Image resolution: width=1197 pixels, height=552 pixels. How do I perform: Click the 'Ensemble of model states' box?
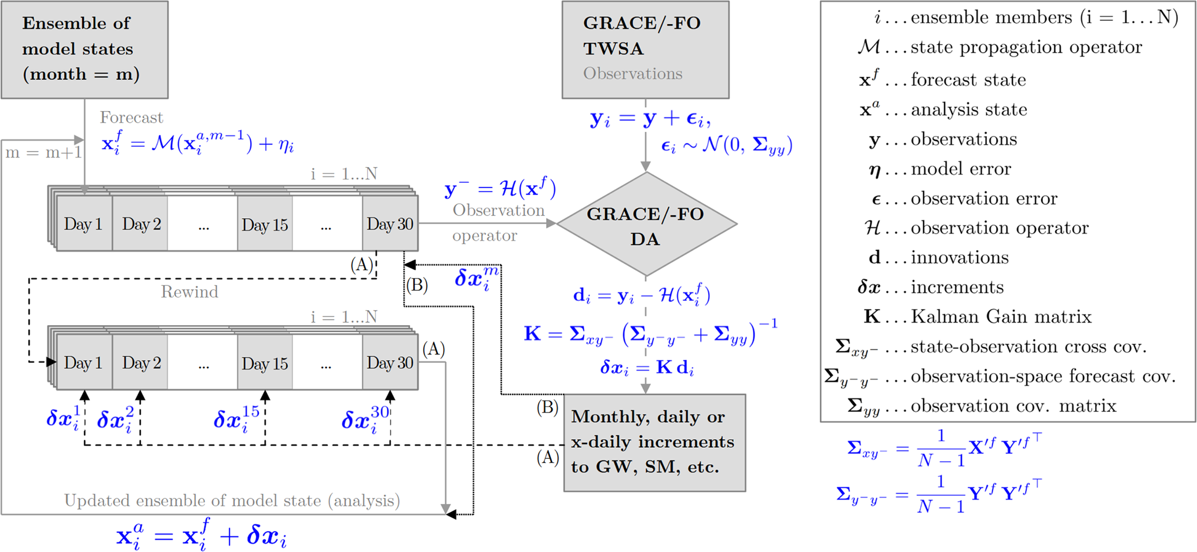coord(85,49)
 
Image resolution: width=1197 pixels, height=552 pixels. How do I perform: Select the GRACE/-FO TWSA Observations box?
coord(645,49)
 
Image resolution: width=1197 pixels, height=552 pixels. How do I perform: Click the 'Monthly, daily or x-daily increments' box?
coord(654,443)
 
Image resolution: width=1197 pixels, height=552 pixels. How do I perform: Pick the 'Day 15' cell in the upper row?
coord(265,225)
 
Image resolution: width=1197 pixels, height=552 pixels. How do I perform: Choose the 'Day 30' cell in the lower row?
coord(390,363)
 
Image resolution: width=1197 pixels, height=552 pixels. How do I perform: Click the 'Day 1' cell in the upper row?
coord(83,224)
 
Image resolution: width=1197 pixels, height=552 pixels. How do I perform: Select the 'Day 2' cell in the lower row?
coord(141,363)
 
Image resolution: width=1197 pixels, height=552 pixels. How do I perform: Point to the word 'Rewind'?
coord(189,292)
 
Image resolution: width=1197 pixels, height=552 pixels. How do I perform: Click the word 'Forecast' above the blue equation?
coord(131,117)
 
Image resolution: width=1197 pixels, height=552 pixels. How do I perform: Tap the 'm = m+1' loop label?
coord(43,153)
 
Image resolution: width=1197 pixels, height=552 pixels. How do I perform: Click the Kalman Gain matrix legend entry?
coord(978,317)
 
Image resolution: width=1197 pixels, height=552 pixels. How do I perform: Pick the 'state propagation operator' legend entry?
coord(1000,47)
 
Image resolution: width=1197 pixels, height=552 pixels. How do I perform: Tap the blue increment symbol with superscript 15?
coord(236,418)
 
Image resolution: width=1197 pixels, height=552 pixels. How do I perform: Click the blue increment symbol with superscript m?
coord(475,278)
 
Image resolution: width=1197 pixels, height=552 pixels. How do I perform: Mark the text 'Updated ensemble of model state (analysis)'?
coord(232,501)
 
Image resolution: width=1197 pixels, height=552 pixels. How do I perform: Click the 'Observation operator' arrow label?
coord(498,222)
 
